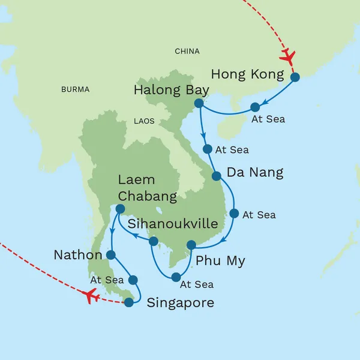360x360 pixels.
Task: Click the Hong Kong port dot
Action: click(295, 77)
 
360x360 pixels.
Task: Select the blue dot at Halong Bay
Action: click(199, 104)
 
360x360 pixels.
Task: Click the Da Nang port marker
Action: click(216, 176)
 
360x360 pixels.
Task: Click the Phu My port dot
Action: click(191, 245)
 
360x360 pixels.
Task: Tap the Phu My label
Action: click(220, 261)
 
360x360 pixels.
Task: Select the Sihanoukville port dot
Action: click(153, 241)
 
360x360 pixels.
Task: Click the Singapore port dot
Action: click(128, 302)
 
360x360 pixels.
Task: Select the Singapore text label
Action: click(180, 303)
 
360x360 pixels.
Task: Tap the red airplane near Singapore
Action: click(91, 295)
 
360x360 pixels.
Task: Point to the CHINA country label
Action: click(187, 52)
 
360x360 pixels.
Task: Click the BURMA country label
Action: click(75, 89)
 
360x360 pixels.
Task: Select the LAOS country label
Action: click(144, 121)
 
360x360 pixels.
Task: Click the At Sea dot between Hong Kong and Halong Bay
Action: click(254, 107)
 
